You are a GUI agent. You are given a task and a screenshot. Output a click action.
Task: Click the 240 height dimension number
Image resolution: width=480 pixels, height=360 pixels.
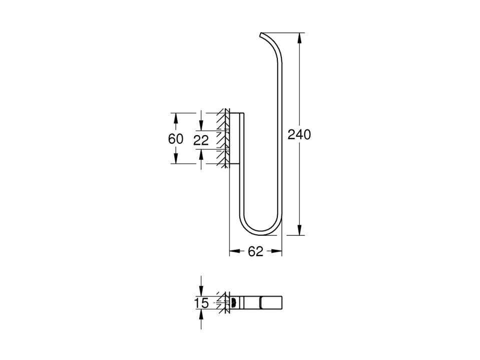299,135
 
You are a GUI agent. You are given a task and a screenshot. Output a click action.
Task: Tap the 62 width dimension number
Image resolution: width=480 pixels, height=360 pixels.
256,251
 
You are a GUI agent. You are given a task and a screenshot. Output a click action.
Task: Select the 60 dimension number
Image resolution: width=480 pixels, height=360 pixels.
176,139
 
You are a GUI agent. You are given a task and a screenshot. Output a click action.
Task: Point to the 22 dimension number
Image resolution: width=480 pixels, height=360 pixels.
201,141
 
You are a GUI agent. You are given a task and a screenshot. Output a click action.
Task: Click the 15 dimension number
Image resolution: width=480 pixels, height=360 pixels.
201,303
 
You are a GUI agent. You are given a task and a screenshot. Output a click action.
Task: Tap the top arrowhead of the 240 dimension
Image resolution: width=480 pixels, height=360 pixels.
299,38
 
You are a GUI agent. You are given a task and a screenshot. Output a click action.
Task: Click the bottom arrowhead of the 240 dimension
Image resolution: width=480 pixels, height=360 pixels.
299,230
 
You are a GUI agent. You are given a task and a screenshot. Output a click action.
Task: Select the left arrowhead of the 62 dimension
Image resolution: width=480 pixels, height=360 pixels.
235,251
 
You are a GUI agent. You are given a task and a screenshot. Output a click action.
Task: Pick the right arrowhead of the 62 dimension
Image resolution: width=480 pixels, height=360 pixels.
277,251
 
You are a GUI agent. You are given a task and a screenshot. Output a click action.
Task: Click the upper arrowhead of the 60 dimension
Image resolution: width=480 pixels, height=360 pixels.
176,119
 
